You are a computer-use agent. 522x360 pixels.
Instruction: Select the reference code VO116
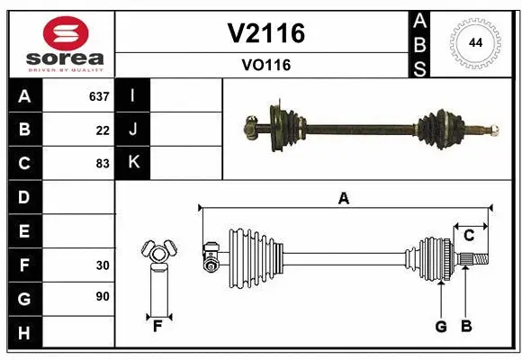click(265, 65)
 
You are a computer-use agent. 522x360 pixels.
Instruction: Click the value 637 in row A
click(99, 96)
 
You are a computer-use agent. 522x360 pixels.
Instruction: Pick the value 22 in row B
click(103, 130)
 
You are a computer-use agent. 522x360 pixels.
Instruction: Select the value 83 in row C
click(103, 164)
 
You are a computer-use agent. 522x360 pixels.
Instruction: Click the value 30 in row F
click(103, 265)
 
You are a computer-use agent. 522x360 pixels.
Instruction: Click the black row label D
click(24, 197)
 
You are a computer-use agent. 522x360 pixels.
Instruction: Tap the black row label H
click(24, 332)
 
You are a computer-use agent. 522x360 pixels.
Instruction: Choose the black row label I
click(133, 96)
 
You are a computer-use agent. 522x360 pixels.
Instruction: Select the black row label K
click(133, 163)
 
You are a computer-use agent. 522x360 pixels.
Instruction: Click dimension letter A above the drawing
click(343, 198)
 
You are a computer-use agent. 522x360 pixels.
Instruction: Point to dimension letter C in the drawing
click(469, 236)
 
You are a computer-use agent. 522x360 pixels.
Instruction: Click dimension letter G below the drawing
click(441, 327)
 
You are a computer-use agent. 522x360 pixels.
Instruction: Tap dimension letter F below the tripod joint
click(157, 326)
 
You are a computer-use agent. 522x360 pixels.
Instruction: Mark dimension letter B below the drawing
click(466, 327)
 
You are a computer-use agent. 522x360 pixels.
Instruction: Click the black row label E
click(24, 231)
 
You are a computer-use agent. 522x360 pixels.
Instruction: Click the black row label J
click(133, 130)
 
